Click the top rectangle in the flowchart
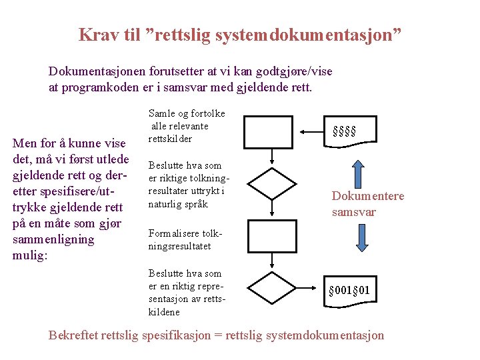(271, 131)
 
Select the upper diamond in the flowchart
(272, 183)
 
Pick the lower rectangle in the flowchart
(271, 235)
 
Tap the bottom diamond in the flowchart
(272, 287)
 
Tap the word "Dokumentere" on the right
(368, 196)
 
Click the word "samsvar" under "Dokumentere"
(354, 212)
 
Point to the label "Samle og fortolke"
(187, 113)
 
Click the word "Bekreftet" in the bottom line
(73, 335)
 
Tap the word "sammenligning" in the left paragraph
(53, 239)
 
